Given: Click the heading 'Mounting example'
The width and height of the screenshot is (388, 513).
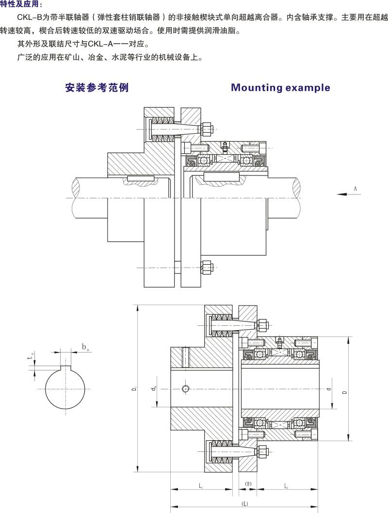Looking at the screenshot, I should [280, 88].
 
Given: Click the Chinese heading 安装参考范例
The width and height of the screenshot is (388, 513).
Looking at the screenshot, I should [97, 88].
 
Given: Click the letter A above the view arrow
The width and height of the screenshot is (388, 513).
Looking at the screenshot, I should [355, 187].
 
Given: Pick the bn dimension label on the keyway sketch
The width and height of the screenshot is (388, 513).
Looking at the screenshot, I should [85, 347].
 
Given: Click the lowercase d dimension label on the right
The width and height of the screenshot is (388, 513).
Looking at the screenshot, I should [329, 388].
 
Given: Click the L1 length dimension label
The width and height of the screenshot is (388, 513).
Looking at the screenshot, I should [201, 485].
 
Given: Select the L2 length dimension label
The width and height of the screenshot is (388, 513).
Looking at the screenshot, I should [286, 485].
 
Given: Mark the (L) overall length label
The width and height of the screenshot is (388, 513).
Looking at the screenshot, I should [244, 504].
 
